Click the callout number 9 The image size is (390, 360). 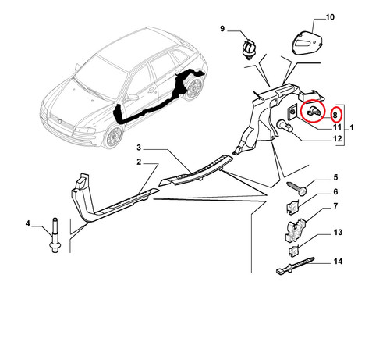pyautogui.click(x=222, y=28)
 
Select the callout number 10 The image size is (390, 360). pyautogui.click(x=330, y=17)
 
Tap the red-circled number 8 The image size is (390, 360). pyautogui.click(x=335, y=115)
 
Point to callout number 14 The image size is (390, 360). pyautogui.click(x=338, y=261)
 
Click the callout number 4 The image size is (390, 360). pyautogui.click(x=28, y=223)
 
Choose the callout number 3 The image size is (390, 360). pyautogui.click(x=139, y=148)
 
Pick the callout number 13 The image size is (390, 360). pyautogui.click(x=338, y=232)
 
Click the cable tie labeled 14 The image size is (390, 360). pyautogui.click(x=296, y=266)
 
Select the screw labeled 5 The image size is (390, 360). pyautogui.click(x=297, y=188)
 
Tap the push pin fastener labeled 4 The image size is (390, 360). pyautogui.click(x=55, y=235)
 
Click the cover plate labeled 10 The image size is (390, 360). pyautogui.click(x=307, y=43)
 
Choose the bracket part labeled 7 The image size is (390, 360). pyautogui.click(x=295, y=230)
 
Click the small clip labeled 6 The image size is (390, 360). pyautogui.click(x=292, y=208)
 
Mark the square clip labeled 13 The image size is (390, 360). pyautogui.click(x=294, y=251)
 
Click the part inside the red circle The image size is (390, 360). pyautogui.click(x=314, y=112)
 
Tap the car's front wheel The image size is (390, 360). pyautogui.click(x=114, y=136)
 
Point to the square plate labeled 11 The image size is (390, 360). pyautogui.click(x=292, y=111)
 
